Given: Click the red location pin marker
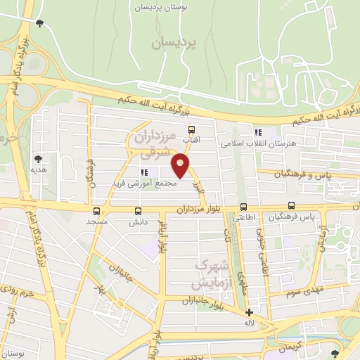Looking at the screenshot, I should [181, 167].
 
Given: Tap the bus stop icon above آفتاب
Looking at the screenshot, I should [191, 129].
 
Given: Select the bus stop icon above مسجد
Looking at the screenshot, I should [96, 211].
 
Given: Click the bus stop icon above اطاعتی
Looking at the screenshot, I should [243, 207].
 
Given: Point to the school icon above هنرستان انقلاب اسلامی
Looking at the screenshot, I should [258, 131].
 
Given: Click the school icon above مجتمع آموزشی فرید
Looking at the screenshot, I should [144, 172].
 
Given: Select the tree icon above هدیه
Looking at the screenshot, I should [38, 159].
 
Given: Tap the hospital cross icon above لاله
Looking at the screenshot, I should [249, 312].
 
